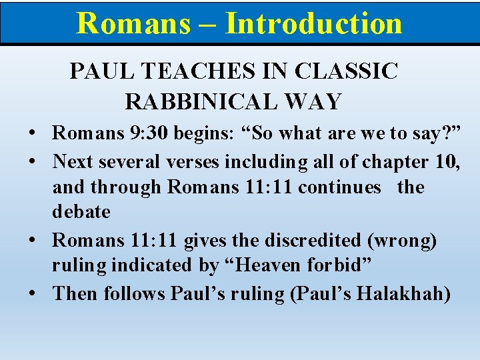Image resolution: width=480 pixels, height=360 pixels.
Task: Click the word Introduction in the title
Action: tap(313, 23)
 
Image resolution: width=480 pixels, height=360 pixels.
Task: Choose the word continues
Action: tap(340, 187)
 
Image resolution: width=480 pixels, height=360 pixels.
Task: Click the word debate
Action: tap(81, 212)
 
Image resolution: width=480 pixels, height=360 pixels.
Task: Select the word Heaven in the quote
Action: tap(271, 265)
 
